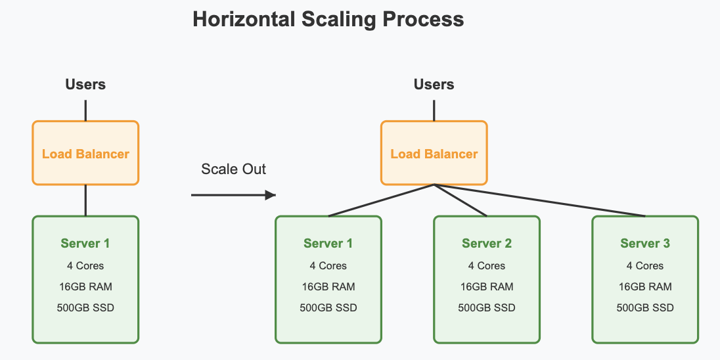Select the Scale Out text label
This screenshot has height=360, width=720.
point(233,169)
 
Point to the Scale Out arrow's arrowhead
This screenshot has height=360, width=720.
point(269,195)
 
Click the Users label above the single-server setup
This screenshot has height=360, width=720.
point(85,84)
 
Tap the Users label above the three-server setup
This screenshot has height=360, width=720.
point(434,84)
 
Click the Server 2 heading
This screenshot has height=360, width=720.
point(486,243)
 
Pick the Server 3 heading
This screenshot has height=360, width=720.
point(645,243)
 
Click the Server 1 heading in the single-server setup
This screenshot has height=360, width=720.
point(85,243)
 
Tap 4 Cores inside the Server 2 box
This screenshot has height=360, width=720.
point(486,265)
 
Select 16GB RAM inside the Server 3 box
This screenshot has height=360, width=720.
point(645,286)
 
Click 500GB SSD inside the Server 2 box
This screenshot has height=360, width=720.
point(486,307)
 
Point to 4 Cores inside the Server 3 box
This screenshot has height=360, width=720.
point(645,265)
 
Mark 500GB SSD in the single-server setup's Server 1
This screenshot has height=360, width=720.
point(85,307)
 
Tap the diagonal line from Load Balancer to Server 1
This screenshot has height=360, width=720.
point(381,200)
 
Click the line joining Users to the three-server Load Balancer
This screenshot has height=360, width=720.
point(434,110)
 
